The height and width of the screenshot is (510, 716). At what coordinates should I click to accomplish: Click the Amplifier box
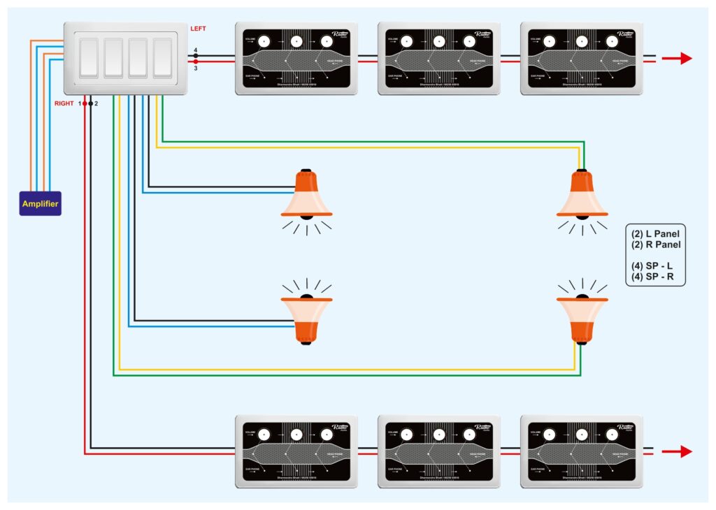tap(40, 203)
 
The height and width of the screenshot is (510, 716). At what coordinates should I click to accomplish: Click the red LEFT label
tap(199, 29)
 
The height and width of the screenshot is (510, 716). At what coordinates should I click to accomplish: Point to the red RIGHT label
tap(64, 103)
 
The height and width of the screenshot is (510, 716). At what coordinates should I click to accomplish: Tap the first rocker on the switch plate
tap(89, 58)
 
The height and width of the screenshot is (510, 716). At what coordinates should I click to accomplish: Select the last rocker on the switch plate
tap(163, 58)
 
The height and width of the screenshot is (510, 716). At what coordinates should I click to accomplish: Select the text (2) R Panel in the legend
tap(655, 245)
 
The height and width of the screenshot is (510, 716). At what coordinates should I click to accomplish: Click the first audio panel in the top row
tap(296, 58)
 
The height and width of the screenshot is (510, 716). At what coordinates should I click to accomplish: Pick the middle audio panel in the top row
tap(438, 58)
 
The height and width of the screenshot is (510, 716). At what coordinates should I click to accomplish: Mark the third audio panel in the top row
tap(581, 58)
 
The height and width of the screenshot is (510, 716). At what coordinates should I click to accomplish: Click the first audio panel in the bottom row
tap(296, 451)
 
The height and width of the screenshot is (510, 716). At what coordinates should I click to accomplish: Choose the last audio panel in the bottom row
tap(581, 451)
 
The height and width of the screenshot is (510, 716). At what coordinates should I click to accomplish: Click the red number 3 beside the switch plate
tap(196, 68)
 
